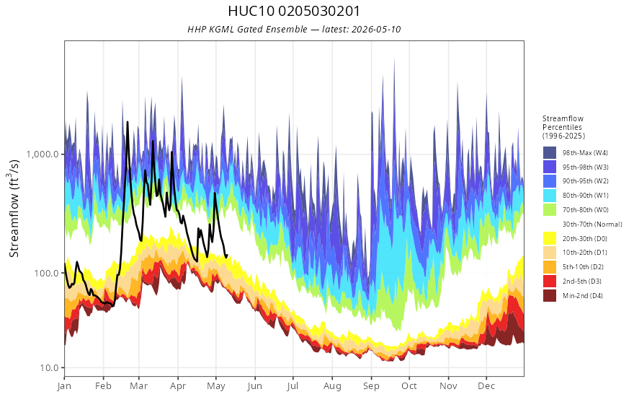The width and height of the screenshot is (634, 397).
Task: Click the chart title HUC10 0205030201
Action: pos(294,11)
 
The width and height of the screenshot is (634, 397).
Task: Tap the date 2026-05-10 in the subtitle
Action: pos(376,29)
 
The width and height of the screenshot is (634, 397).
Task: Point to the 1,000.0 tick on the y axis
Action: pos(45,154)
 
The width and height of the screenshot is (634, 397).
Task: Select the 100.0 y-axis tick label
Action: pos(49,273)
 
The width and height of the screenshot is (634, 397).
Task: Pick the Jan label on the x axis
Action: pos(64,386)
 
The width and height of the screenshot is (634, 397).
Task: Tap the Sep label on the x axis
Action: pos(371,386)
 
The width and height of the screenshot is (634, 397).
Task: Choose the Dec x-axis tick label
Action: pos(486,386)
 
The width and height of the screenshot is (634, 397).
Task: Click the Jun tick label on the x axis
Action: pos(255,386)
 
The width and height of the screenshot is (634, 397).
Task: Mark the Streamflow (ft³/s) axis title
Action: pos(14,208)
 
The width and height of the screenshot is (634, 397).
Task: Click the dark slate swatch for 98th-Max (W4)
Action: pos(550,153)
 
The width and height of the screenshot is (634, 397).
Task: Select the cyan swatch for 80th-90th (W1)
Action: pos(550,196)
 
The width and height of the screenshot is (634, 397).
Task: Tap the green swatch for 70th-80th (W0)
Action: pos(550,210)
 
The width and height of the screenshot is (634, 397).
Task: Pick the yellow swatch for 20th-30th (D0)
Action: pos(550,238)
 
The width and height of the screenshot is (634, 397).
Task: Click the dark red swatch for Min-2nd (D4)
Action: pos(550,295)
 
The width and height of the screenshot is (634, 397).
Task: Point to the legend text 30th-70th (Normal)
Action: pos(592,224)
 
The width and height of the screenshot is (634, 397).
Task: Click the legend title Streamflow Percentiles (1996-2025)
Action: pos(563,127)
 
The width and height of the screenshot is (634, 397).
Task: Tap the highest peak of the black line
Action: pos(128,121)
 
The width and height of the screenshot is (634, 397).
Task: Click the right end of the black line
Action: pos(227,256)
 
